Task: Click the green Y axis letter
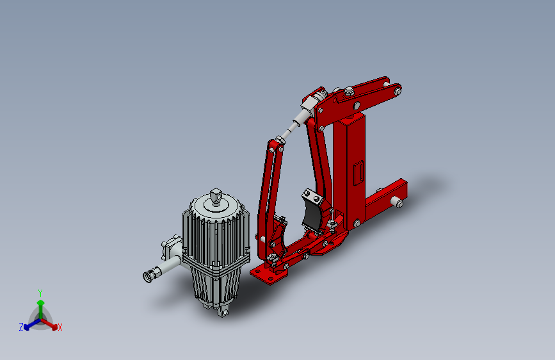(40, 293)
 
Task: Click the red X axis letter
(60, 328)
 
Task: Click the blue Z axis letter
(21, 327)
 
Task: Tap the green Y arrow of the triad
(41, 309)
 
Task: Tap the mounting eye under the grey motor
(223, 312)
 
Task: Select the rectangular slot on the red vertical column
(358, 173)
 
